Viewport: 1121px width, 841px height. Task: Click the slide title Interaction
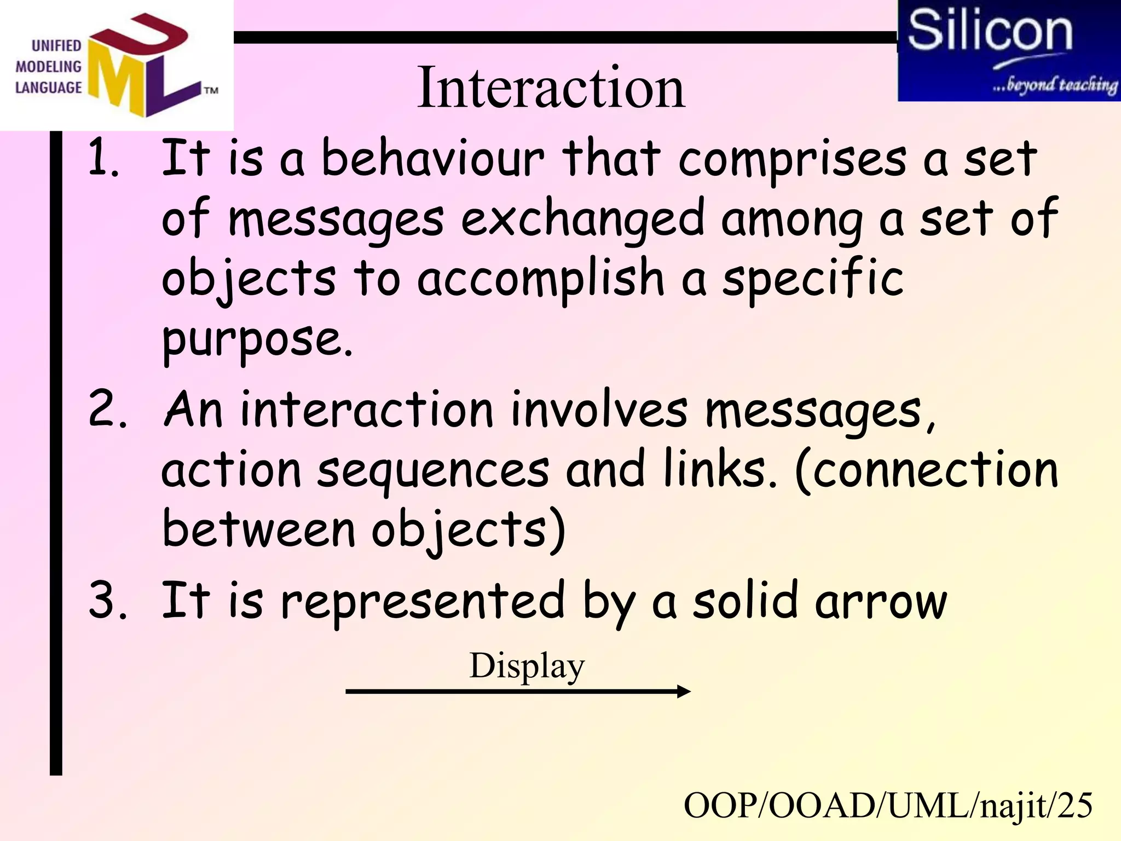click(x=550, y=88)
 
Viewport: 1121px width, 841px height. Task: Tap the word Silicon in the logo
click(x=990, y=31)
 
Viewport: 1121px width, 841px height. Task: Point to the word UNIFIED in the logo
click(x=56, y=46)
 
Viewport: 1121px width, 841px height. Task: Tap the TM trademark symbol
click(x=211, y=90)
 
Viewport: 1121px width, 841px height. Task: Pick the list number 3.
click(x=107, y=601)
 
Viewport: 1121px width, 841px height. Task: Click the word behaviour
click(x=432, y=159)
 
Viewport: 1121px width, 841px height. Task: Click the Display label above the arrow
click(x=527, y=666)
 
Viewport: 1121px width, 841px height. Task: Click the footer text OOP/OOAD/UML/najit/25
click(x=888, y=806)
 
